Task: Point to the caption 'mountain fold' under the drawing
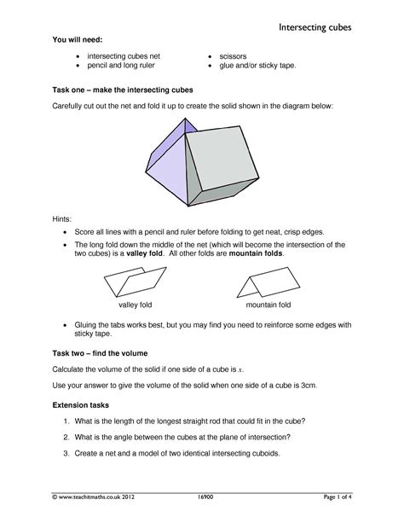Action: point(268,305)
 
